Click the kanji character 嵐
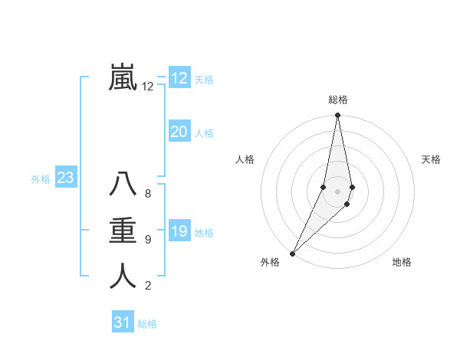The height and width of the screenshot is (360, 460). [123, 77]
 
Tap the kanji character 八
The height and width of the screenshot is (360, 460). [123, 185]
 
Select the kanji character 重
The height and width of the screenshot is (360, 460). [123, 231]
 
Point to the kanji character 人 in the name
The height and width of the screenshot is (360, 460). [123, 276]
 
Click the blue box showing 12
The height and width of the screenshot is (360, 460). [179, 78]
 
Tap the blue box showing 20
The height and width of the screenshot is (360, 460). [179, 132]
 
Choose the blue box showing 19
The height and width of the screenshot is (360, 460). [179, 231]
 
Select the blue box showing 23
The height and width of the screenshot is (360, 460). [66, 178]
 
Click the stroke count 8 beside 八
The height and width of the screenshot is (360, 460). [148, 194]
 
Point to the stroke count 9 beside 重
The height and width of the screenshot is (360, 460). [148, 240]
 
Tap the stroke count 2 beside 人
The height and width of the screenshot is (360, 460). [148, 286]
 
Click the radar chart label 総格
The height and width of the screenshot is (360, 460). [338, 100]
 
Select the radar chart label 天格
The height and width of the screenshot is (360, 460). [432, 159]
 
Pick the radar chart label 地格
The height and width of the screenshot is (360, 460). [402, 262]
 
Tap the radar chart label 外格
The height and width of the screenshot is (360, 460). [270, 262]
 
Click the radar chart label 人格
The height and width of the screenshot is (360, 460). [245, 159]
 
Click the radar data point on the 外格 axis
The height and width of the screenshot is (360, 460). [292, 253]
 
